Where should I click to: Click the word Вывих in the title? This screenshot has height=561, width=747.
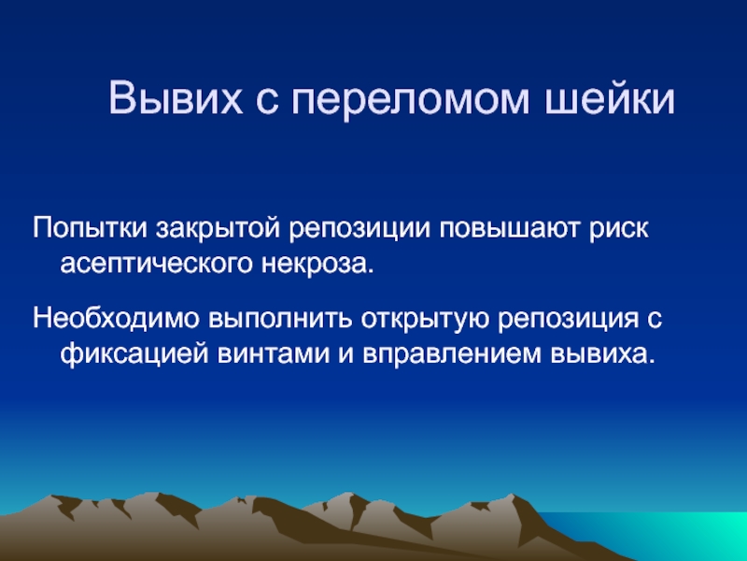coord(176,97)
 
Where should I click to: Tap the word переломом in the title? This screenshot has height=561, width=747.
coord(410,101)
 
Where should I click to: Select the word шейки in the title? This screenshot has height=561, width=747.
coord(610,99)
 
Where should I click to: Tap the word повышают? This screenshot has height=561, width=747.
coord(509,229)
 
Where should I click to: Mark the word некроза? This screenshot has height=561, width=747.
coord(317,264)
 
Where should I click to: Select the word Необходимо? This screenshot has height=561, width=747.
coord(116,319)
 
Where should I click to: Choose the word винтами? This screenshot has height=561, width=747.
coord(274,354)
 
